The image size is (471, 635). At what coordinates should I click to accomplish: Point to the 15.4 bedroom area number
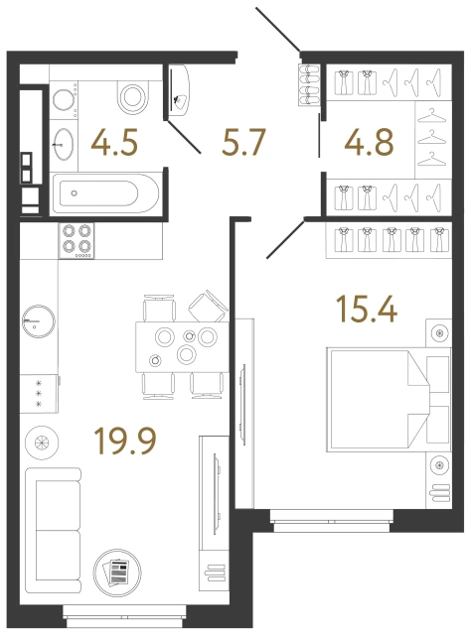coord(367,311)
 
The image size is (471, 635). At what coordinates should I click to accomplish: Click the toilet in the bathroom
coord(132,96)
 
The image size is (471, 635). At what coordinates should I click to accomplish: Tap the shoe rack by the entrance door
coord(307,81)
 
